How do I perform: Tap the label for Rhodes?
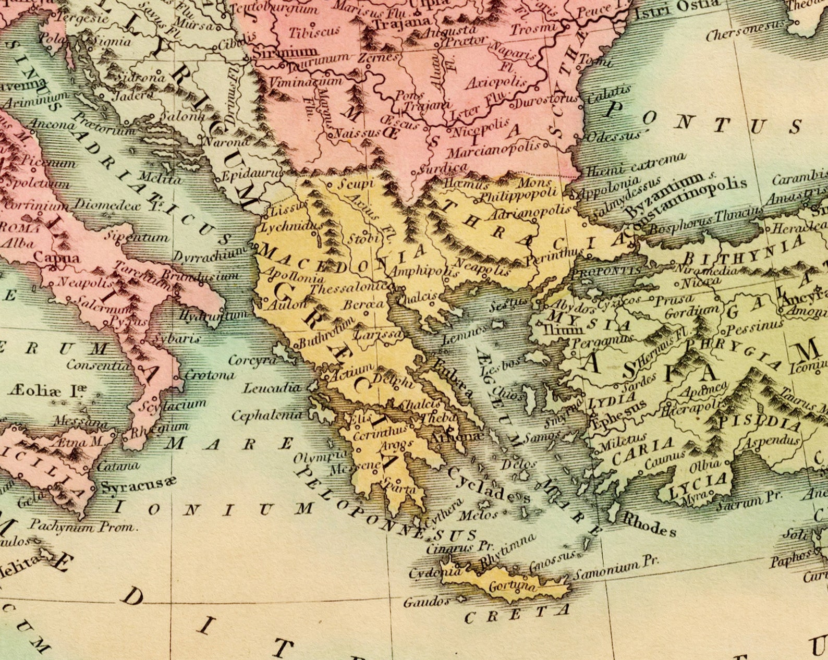[649, 524]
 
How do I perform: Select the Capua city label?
[57, 257]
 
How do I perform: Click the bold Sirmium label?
[285, 52]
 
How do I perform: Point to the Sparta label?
[399, 490]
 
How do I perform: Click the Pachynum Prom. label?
[83, 525]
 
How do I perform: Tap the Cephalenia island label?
[266, 415]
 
